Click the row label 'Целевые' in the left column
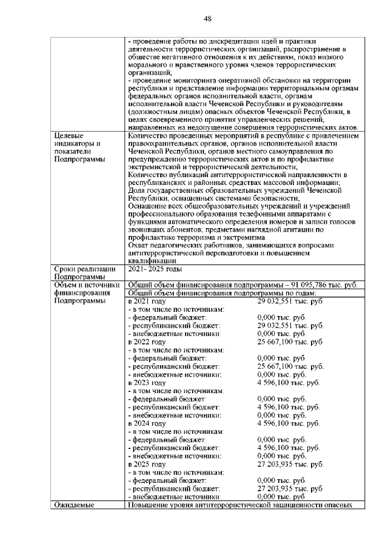(x=69, y=135)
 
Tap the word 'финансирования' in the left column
(x=80, y=292)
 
